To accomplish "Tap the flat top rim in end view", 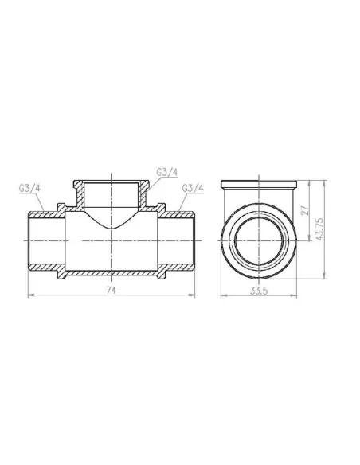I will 259,182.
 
